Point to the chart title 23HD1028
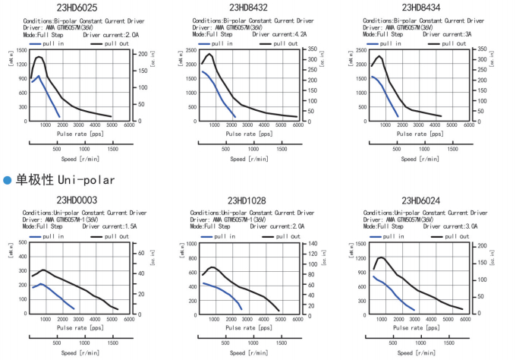248,201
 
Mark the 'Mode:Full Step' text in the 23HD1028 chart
210,226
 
